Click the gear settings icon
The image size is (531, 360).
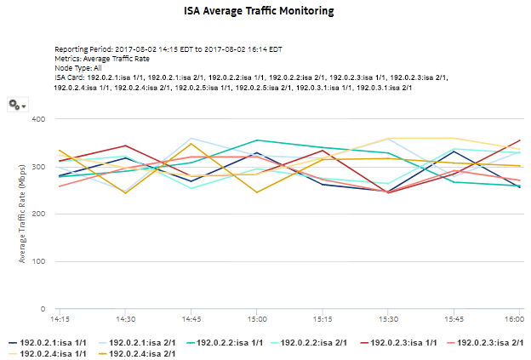(14, 104)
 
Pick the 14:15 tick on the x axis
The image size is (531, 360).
(60, 320)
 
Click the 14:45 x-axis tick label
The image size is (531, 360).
(191, 320)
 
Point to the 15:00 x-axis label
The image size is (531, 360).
(256, 320)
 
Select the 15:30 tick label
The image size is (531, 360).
(388, 320)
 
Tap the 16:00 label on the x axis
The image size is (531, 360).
(513, 320)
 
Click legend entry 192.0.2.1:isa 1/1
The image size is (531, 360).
(52, 342)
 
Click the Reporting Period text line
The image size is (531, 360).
(168, 49)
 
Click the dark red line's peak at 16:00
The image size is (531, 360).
(519, 140)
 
